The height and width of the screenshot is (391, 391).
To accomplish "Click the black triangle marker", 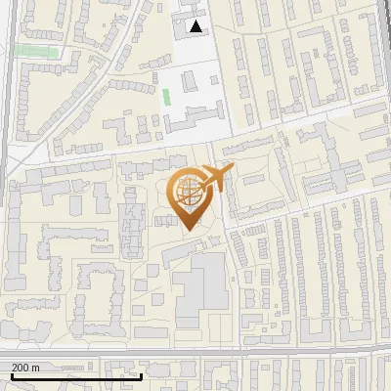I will tap(196, 26).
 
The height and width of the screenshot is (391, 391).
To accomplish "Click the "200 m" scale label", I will tap(25, 368).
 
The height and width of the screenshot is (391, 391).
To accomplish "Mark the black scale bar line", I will tap(76, 376).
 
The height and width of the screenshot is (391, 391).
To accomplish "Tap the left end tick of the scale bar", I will tap(11, 374).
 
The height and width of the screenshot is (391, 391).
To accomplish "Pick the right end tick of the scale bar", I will tap(142, 374).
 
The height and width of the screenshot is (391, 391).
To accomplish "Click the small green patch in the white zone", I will tap(165, 97).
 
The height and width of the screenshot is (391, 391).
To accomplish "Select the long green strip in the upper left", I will tap(37, 49).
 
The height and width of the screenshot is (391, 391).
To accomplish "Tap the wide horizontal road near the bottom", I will tap(195, 350).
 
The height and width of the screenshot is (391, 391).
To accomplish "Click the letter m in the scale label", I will tap(36, 368).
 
